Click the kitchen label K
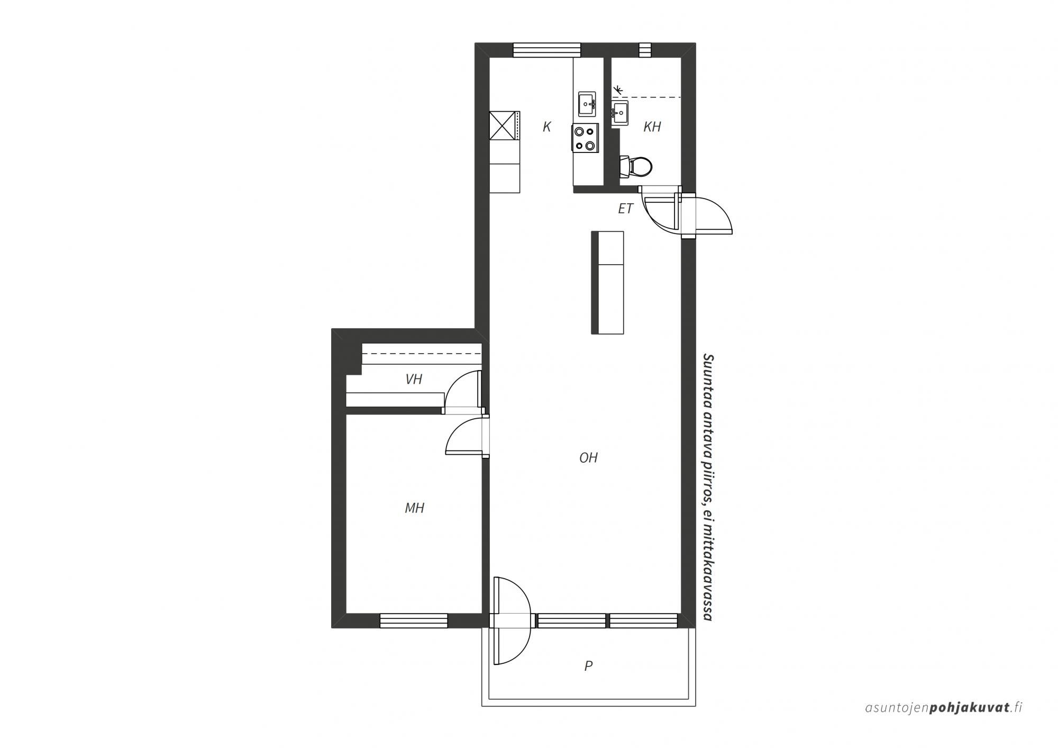[547, 127]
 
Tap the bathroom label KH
[652, 127]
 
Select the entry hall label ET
[626, 209]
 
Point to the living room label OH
[588, 457]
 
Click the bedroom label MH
[415, 508]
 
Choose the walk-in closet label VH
[414, 379]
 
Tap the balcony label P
[588, 666]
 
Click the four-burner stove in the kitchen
[585, 138]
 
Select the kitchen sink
[587, 104]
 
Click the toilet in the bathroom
[635, 167]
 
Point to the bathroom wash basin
[620, 113]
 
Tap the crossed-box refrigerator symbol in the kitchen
[504, 126]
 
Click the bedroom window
[414, 620]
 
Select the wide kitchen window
[547, 50]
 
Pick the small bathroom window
[645, 50]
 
